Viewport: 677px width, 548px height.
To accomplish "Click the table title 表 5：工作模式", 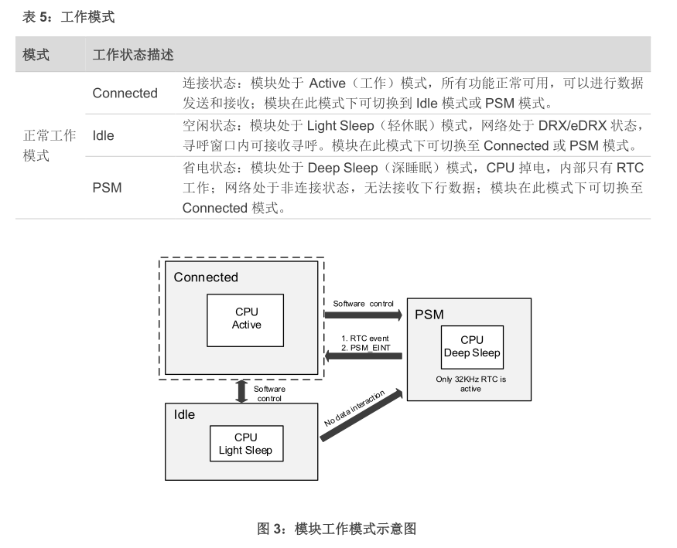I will (x=69, y=16).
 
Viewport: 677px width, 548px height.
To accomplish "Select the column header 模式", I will (x=36, y=55).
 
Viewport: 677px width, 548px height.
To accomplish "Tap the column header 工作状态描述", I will (x=133, y=55).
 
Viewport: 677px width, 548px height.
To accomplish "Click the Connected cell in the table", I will (x=125, y=94).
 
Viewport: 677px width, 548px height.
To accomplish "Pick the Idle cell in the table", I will (x=103, y=136).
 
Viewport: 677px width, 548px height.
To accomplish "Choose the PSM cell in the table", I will (x=107, y=187).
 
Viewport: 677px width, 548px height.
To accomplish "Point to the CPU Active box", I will (x=246, y=319).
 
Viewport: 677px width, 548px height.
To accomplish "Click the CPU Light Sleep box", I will (x=245, y=444).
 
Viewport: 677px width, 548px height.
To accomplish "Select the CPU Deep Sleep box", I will (x=471, y=347).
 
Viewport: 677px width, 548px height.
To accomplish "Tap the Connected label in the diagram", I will (x=206, y=277).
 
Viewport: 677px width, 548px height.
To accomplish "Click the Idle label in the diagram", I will (x=184, y=415).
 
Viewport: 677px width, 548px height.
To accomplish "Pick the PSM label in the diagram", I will (x=429, y=315).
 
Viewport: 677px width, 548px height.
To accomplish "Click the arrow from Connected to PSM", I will (x=363, y=315).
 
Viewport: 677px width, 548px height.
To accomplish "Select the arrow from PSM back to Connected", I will (x=363, y=356).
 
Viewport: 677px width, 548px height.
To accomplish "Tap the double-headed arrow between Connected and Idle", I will (x=241, y=390).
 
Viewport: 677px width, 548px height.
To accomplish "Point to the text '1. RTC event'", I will (x=364, y=338).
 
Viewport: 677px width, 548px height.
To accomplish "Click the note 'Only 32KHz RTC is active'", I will (x=470, y=384).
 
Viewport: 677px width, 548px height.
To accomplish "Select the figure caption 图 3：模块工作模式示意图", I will (x=337, y=529).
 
